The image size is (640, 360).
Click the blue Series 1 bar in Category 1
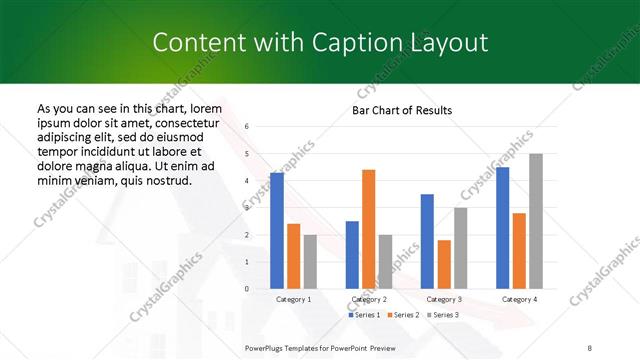coord(277,231)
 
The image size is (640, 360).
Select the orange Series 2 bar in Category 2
coord(368,229)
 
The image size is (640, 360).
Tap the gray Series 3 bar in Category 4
coord(536,221)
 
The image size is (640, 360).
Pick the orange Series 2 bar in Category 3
coord(444,264)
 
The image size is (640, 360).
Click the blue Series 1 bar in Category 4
coord(502,228)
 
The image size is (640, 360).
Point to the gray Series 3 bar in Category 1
coord(310,262)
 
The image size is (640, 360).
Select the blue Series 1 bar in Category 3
coord(427,241)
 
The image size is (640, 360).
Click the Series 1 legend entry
coord(364,315)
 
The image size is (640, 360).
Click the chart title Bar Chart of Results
coord(402,110)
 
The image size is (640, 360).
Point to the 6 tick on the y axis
coord(247,127)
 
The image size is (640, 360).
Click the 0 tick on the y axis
coord(247,289)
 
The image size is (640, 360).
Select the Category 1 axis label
coord(293,299)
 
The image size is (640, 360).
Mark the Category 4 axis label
coord(519,299)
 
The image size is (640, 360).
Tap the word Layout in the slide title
coord(448,43)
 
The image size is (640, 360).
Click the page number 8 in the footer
coord(590,346)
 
